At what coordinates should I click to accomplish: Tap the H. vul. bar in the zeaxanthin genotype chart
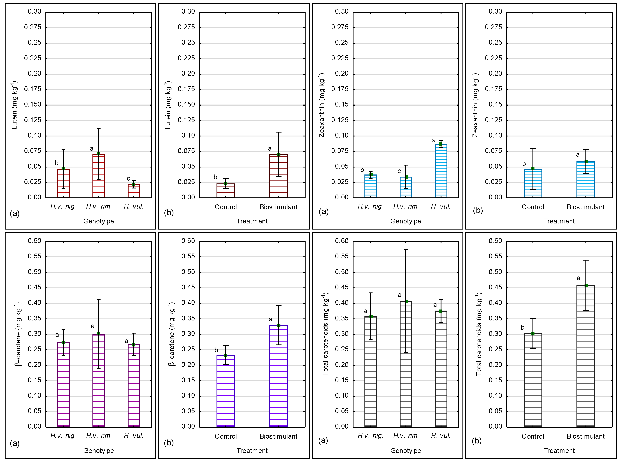[441, 171]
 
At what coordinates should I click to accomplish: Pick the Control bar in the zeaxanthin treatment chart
[533, 184]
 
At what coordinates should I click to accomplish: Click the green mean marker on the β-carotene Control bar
[226, 355]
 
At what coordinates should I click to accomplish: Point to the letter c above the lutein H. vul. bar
[129, 179]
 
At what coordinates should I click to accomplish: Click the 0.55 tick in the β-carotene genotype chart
[34, 256]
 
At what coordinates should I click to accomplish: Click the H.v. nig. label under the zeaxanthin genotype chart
[370, 207]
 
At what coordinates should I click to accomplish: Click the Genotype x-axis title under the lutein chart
[99, 221]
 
